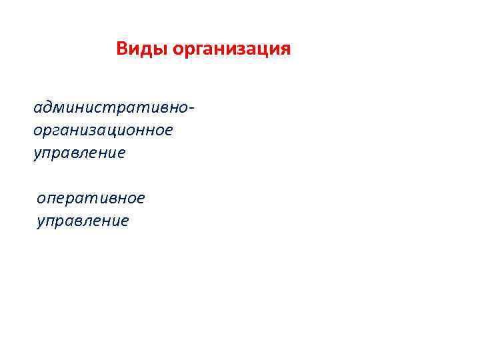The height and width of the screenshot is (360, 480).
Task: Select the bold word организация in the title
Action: pos(232,50)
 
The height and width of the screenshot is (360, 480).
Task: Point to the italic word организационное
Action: pos(103,130)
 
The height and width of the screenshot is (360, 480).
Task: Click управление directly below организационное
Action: pos(79,153)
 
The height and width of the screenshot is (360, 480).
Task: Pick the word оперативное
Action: pos(91,198)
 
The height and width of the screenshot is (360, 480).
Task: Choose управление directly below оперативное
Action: pos(83,221)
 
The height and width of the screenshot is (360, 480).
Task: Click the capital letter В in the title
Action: pos(122,49)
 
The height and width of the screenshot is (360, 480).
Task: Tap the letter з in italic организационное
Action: pos(90,130)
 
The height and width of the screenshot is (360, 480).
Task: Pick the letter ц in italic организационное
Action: pos(110,131)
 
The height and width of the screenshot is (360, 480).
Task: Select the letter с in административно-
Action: pos(97,108)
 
